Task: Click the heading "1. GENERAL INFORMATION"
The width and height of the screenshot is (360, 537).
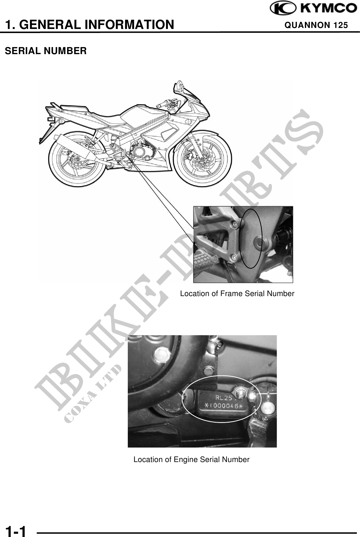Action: (x=90, y=25)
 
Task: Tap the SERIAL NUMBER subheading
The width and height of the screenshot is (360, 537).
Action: (x=46, y=51)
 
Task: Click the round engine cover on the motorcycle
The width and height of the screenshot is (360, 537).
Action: (x=139, y=152)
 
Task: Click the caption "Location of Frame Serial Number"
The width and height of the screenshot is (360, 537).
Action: (x=237, y=294)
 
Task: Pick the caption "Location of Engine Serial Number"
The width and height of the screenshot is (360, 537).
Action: (x=192, y=459)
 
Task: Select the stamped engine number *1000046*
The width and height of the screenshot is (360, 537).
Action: (x=222, y=406)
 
